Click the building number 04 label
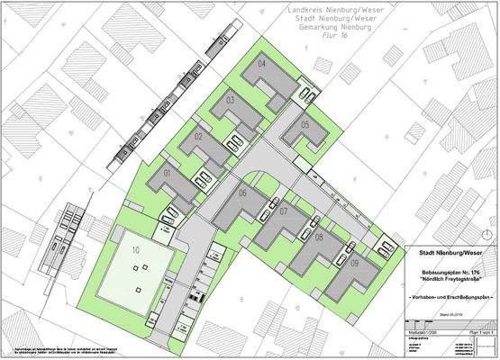pos(262,65)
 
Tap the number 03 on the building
pos(230,99)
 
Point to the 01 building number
pos(167,171)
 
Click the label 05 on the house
pos(305,124)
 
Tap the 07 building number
pos(283,212)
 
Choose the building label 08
pos(319,237)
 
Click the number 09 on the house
pos(355,263)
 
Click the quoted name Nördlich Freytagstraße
pos(451,280)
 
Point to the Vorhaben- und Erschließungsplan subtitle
pos(451,298)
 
